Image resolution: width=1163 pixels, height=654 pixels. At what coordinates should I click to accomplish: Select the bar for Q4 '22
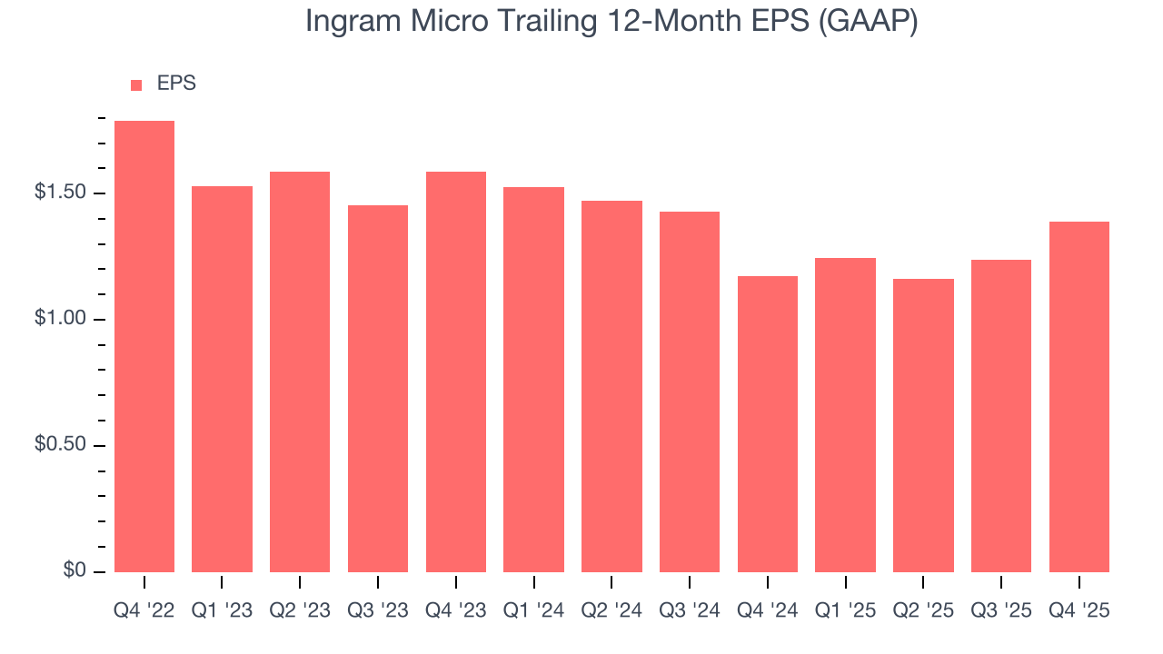click(144, 346)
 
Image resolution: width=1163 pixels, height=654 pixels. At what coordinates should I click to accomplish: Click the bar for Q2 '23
click(300, 372)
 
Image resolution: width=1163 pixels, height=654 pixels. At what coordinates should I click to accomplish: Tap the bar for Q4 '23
click(456, 372)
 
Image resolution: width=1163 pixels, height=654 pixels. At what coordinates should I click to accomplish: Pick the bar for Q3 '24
click(690, 391)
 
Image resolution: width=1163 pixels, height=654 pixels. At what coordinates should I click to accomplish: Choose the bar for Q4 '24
click(768, 424)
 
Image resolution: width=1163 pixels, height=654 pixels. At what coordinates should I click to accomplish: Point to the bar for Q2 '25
click(923, 425)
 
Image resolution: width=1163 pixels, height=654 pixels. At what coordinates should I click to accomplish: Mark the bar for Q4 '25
click(1079, 397)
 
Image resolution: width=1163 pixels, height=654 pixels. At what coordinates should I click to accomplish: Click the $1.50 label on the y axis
click(60, 193)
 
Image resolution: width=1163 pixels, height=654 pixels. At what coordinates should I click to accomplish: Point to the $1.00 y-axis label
click(60, 319)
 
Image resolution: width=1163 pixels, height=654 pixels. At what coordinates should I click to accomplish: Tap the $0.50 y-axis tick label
click(60, 445)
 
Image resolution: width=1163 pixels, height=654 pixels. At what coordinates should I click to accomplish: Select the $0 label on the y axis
click(75, 570)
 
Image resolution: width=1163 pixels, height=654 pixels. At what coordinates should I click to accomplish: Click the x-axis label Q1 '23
click(222, 611)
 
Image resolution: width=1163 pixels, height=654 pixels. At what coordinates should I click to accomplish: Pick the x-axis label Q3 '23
click(378, 611)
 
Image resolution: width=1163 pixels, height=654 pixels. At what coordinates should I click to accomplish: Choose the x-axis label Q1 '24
click(533, 611)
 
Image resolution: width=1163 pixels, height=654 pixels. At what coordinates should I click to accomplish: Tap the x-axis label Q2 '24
click(611, 611)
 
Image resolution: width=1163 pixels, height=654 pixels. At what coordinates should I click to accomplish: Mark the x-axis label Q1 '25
click(845, 611)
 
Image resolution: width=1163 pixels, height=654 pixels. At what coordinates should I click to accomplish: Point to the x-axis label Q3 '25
click(1001, 611)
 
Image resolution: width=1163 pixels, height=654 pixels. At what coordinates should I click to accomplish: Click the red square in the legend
click(136, 84)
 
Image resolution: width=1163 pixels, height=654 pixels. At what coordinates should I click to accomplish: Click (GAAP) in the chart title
click(868, 22)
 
